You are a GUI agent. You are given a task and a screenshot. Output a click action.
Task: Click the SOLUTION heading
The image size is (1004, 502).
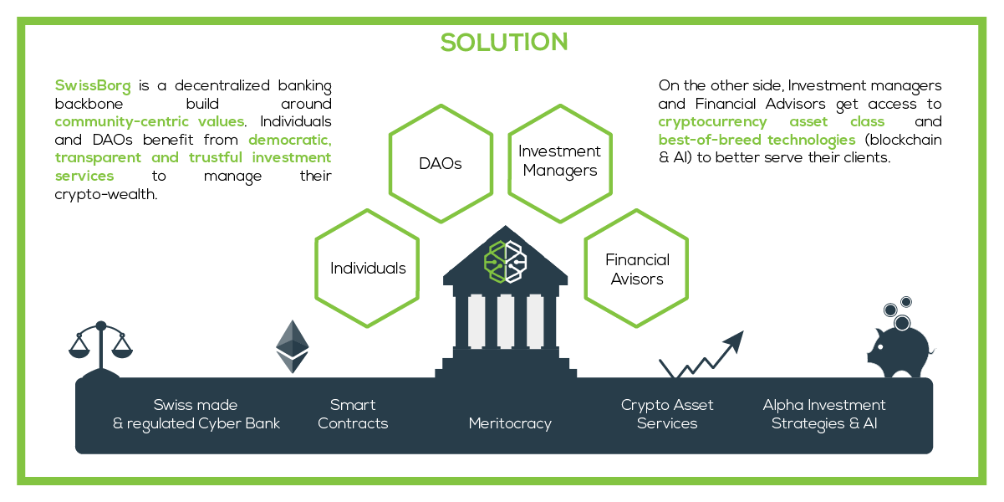[504, 42]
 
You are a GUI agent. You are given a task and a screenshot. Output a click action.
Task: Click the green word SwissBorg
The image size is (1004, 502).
[93, 85]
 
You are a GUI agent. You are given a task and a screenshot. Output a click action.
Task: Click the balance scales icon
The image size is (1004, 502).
[101, 350]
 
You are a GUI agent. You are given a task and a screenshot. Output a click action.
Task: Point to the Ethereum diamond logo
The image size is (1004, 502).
[293, 346]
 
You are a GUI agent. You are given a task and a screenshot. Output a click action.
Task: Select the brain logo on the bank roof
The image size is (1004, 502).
[505, 262]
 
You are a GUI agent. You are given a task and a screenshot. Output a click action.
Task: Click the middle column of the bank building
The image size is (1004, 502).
[506, 321]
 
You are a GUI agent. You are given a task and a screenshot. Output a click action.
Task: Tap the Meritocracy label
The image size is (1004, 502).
[510, 423]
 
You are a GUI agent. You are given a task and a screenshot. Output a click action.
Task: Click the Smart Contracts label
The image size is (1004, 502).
[353, 414]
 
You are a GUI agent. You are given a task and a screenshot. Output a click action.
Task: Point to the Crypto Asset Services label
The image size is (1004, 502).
[667, 414]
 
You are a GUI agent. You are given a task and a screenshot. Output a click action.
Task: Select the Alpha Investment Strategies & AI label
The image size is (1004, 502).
[824, 414]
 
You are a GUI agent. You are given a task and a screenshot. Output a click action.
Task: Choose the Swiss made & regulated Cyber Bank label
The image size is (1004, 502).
[196, 414]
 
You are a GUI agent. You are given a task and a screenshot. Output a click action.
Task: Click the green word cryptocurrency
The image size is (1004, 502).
[712, 122]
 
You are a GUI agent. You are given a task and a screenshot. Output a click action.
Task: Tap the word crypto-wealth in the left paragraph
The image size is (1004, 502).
[106, 195]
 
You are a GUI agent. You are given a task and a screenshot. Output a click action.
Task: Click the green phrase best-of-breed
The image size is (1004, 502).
[710, 140]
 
